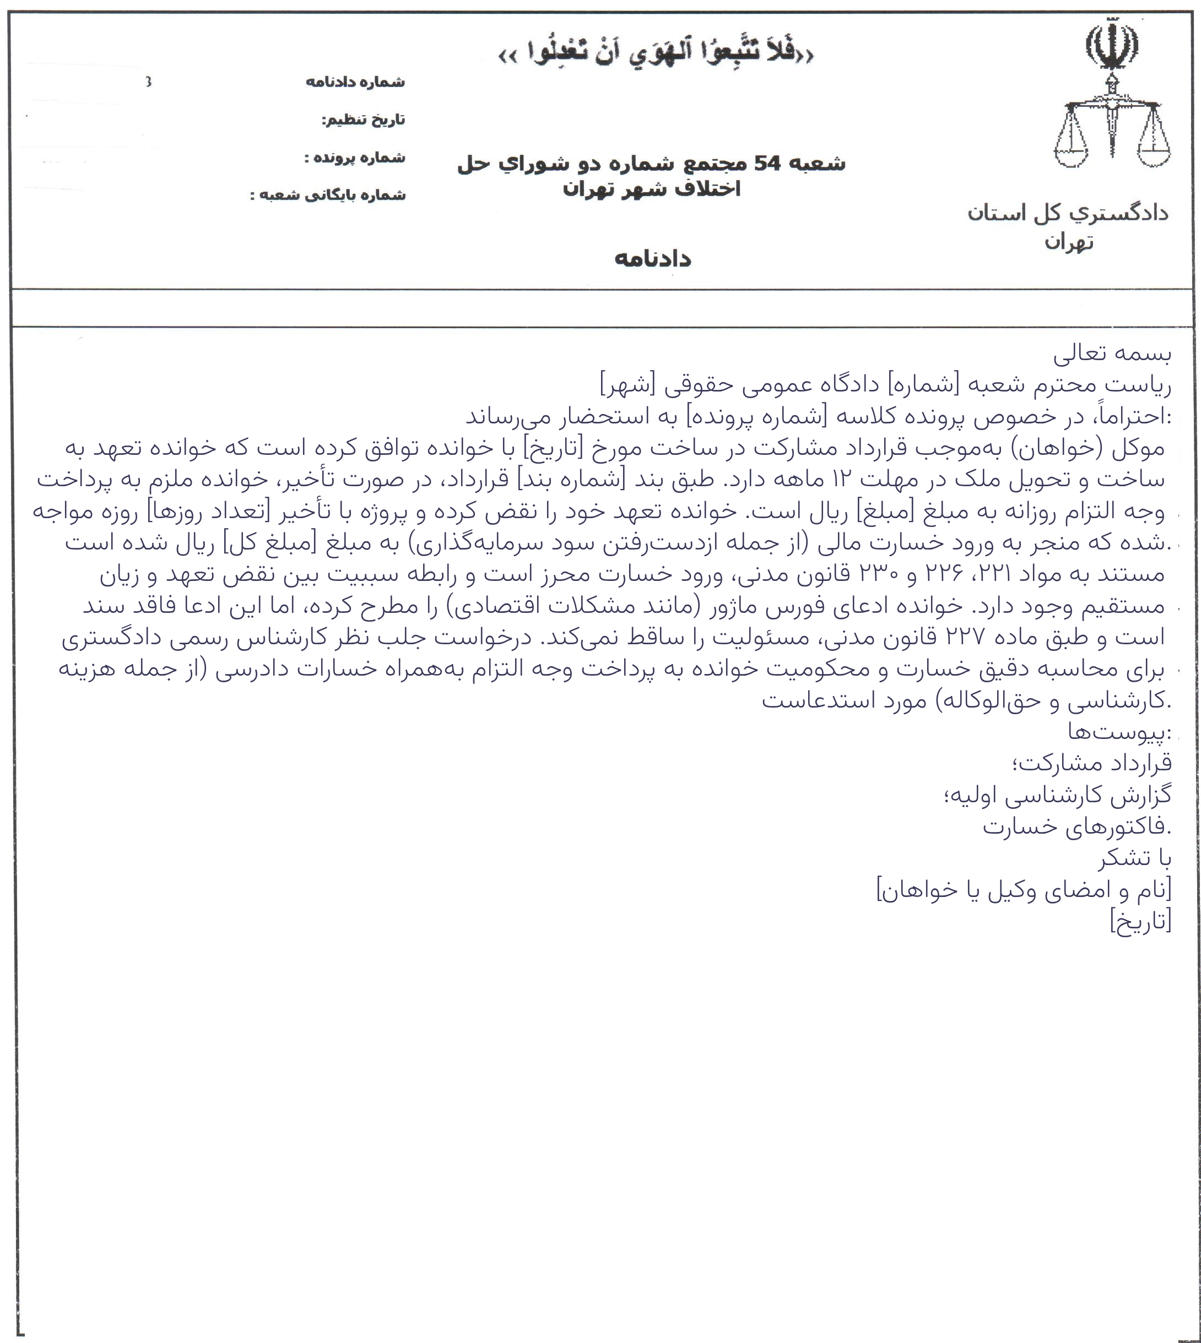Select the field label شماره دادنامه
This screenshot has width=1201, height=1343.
click(x=355, y=82)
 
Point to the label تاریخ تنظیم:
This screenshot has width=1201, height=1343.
click(x=363, y=120)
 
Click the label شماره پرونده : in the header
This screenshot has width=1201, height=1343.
click(x=354, y=157)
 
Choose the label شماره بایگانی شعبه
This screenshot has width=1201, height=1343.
click(x=327, y=195)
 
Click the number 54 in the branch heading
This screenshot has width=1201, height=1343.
click(x=767, y=163)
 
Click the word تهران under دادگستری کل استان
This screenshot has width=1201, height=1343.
click(x=1068, y=243)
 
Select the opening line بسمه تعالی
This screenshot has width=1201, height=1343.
click(x=1112, y=354)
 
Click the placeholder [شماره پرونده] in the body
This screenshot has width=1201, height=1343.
click(x=752, y=416)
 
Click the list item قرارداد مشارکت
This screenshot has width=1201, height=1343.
click(x=1091, y=763)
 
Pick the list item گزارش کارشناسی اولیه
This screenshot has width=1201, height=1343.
click(x=1058, y=795)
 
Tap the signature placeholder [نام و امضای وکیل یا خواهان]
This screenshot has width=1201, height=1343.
click(x=1024, y=890)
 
